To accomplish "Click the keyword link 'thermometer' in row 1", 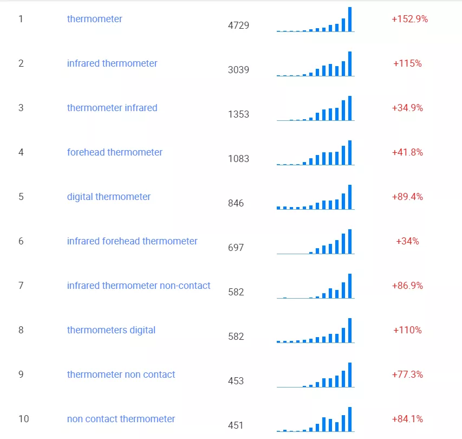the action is tap(94, 19).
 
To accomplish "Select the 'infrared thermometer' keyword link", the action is tap(112, 63).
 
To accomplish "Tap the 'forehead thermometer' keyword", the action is tap(115, 152).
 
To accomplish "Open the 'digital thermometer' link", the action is tap(109, 197).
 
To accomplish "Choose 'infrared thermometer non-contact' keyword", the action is tap(139, 286).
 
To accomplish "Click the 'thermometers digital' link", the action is tap(111, 330).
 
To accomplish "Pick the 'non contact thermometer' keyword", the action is tap(121, 418).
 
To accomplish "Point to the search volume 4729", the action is tap(238, 25).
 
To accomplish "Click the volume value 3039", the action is tap(238, 70).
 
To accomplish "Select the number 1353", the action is tap(238, 114).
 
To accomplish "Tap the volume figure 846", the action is tap(236, 203).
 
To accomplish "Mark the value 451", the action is tap(236, 425).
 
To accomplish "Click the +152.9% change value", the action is tap(409, 19).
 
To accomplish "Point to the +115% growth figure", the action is tap(407, 63).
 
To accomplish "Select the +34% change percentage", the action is tap(407, 241).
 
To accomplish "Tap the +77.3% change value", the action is tap(407, 375).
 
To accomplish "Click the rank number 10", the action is tap(24, 418).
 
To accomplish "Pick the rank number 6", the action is tap(21, 241).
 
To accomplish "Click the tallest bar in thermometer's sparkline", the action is tap(350, 19).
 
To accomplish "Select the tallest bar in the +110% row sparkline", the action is tap(350, 330).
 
